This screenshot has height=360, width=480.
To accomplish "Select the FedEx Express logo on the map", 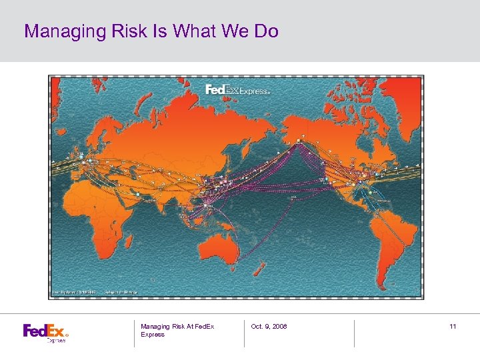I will [237, 90].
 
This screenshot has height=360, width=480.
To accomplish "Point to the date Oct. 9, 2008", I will [269, 326].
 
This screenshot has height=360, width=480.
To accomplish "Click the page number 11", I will [453, 326].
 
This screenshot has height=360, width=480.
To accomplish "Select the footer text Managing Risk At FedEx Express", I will [177, 330].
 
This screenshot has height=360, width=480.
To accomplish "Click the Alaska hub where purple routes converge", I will [299, 141].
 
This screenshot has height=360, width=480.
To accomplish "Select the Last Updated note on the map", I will [75, 291].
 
